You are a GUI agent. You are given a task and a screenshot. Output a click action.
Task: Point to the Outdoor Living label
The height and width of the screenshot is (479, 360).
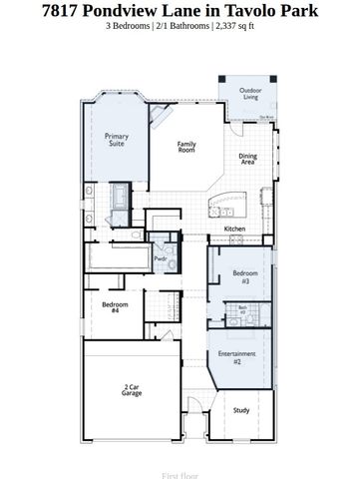pos(249,93)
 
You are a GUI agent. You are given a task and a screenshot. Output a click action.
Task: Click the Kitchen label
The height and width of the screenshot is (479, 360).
pos(234,229)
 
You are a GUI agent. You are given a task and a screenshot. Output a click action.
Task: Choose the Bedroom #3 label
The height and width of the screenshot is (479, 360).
pos(245,275)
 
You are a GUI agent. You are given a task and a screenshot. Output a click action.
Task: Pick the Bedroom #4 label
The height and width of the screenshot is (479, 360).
pos(115,307)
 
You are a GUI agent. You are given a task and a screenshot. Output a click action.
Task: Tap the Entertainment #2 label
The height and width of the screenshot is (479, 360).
pos(237,358)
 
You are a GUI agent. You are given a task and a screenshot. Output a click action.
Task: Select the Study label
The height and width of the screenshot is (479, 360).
pos(241,409)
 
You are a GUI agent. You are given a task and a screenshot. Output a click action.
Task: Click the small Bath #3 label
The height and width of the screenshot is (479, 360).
pos(242,310)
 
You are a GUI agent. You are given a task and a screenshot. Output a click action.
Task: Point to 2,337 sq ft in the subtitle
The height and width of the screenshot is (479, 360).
pos(237,27)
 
